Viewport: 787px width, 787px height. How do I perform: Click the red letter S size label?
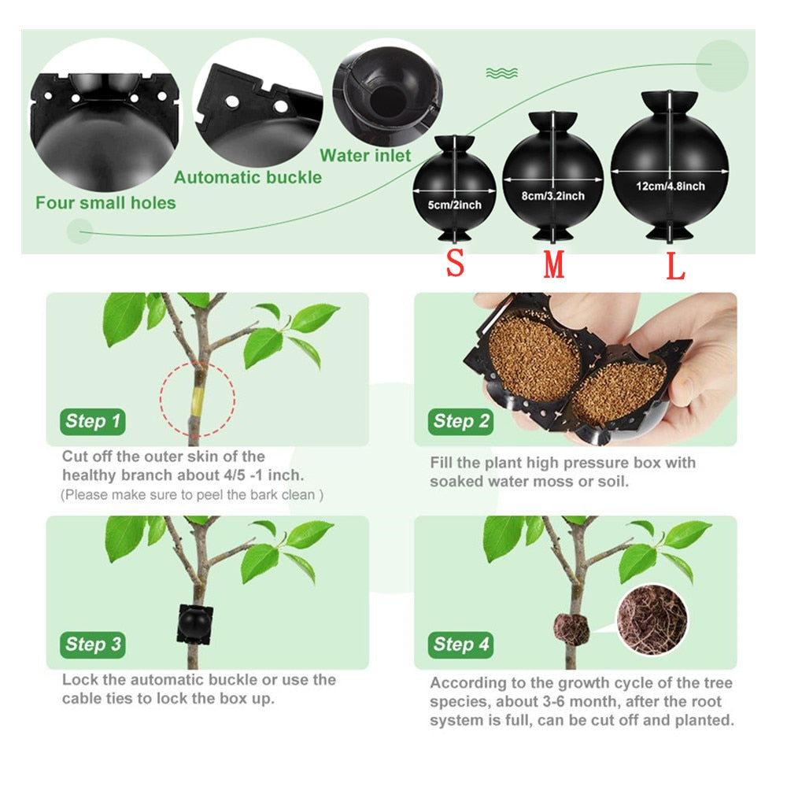pos(455,264)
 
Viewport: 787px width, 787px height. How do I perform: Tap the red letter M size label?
pos(554,265)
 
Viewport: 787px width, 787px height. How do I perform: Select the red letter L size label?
pos(676,266)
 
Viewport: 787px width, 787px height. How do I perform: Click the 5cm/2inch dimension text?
pos(455,205)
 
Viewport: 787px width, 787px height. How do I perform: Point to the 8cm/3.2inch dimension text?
pos(553,194)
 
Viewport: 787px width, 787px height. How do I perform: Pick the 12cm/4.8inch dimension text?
pos(671,187)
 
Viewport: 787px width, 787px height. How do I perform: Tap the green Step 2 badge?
pos(460,421)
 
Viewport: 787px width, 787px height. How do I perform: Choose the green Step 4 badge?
pos(460,645)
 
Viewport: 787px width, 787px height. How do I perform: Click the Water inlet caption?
pos(365,156)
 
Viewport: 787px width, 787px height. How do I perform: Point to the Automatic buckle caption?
pos(248,177)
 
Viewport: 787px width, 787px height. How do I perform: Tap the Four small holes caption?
pos(105,203)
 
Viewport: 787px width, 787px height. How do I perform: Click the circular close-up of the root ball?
pos(652,619)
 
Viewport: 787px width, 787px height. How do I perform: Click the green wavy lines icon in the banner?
pos(501,73)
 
